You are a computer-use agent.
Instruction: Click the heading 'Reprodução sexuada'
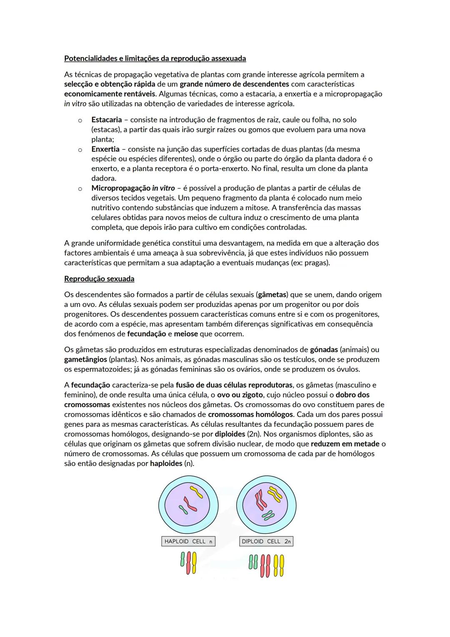click(99, 279)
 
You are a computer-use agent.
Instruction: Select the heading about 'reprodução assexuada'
click(155, 58)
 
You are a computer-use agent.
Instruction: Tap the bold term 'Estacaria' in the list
click(106, 120)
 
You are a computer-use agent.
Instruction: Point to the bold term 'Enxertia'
click(105, 149)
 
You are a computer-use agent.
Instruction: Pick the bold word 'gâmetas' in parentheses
click(273, 295)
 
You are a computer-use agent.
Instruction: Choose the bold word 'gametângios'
click(85, 360)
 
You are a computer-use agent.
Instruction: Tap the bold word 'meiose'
click(186, 334)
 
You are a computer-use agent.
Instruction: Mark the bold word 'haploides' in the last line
click(166, 463)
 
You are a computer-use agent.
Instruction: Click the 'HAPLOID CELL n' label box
click(188, 541)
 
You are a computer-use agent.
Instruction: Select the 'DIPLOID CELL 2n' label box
click(266, 541)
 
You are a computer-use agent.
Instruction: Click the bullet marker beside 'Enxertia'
click(79, 149)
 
